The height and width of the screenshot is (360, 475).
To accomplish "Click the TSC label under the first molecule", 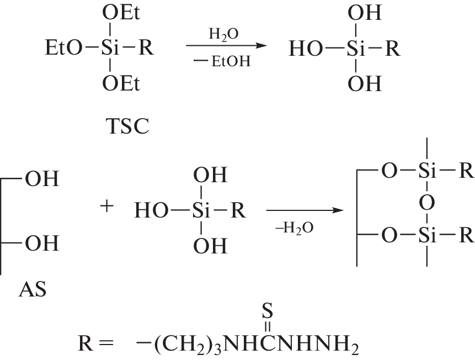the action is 127,126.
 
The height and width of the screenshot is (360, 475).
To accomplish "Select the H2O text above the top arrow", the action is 223,34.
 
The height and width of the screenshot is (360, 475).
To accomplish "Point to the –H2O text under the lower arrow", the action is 294,227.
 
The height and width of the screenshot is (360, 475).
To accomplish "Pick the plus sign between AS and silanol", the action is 106,207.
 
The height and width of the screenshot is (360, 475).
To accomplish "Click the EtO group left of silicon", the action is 63,48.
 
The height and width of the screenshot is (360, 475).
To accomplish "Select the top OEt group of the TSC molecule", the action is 121,13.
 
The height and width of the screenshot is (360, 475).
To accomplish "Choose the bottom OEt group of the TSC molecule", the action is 121,83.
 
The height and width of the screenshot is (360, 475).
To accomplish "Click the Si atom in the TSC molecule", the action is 110,48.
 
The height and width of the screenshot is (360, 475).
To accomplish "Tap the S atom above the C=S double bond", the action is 267,311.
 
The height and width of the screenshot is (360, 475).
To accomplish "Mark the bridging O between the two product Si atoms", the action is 427,203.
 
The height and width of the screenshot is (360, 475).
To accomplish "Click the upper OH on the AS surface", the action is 42,179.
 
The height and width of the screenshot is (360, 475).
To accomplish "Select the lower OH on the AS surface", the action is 42,243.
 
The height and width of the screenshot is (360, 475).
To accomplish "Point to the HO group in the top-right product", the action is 306,49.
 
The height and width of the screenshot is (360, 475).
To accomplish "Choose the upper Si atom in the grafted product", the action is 427,171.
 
